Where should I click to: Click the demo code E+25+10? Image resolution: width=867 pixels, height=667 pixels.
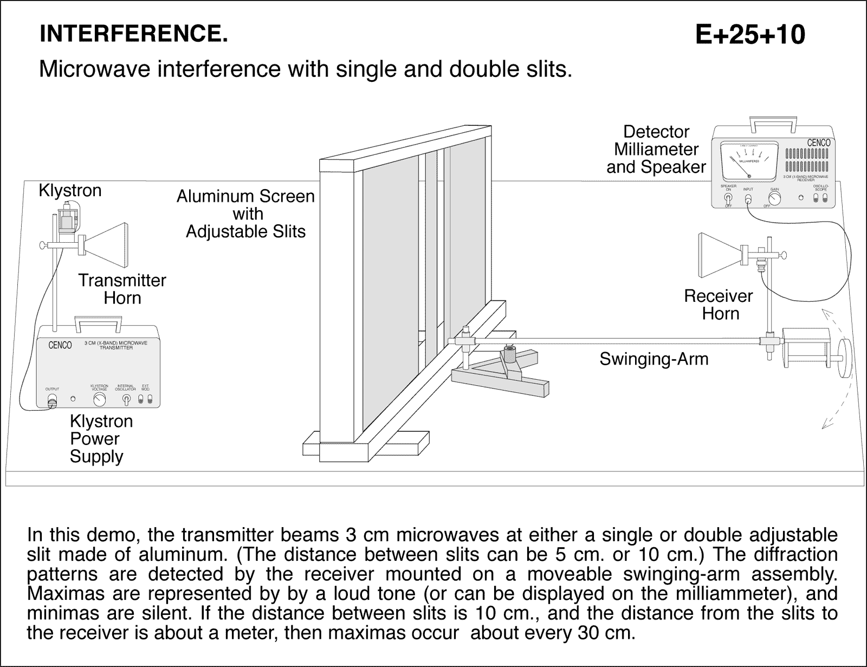[x=750, y=35]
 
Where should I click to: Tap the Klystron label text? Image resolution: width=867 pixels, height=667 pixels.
[x=70, y=191]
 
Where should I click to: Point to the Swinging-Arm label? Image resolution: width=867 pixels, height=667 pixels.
[x=654, y=359]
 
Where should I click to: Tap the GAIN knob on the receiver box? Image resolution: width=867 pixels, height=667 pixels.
[x=775, y=198]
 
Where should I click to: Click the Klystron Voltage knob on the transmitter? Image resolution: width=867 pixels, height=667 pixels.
[x=99, y=400]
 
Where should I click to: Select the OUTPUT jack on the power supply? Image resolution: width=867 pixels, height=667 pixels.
[x=53, y=401]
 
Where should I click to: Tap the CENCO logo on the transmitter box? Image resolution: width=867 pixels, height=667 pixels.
[x=60, y=345]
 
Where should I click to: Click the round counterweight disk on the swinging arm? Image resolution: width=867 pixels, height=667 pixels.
[x=844, y=358]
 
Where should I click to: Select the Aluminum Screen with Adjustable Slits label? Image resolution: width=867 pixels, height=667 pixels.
[x=245, y=213]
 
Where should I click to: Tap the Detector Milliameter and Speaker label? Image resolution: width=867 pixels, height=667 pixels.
[x=656, y=150]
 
